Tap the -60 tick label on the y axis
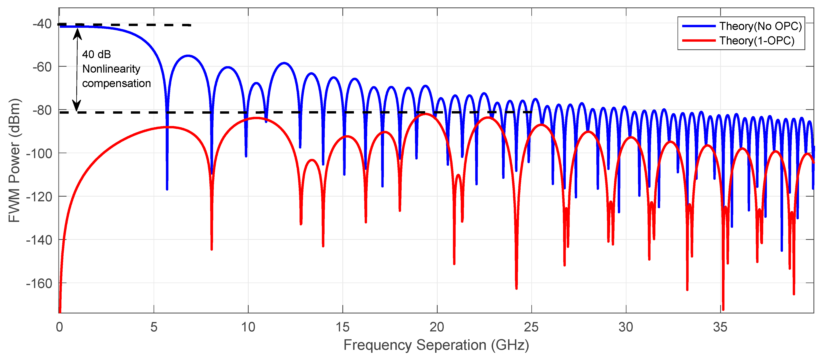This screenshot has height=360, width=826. (42, 67)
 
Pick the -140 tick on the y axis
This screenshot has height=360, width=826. (39, 240)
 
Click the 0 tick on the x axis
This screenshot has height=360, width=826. (59, 327)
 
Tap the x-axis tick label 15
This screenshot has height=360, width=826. (342, 327)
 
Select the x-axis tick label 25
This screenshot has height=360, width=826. (531, 327)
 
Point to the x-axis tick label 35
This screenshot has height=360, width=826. (720, 327)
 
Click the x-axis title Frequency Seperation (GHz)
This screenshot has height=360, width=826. (436, 345)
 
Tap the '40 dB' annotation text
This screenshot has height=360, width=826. (96, 55)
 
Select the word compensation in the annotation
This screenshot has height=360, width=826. (116, 83)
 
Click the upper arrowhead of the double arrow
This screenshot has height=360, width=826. (77, 34)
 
